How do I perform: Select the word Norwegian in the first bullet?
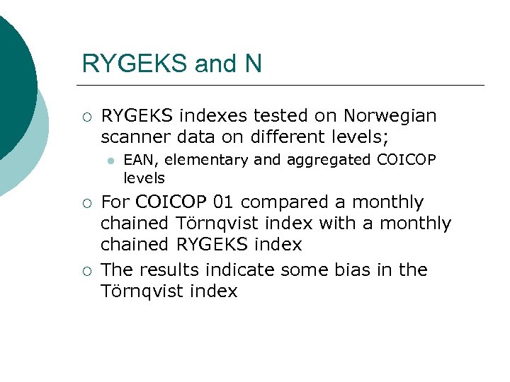tap(390, 115)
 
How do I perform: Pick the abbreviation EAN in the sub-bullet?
tap(137, 161)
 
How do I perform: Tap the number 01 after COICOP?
tap(223, 202)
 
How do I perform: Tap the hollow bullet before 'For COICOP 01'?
tap(86, 203)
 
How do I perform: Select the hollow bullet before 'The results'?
tap(86, 270)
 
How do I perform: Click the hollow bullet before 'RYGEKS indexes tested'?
tap(86, 116)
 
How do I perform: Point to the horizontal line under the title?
tap(283, 86)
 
